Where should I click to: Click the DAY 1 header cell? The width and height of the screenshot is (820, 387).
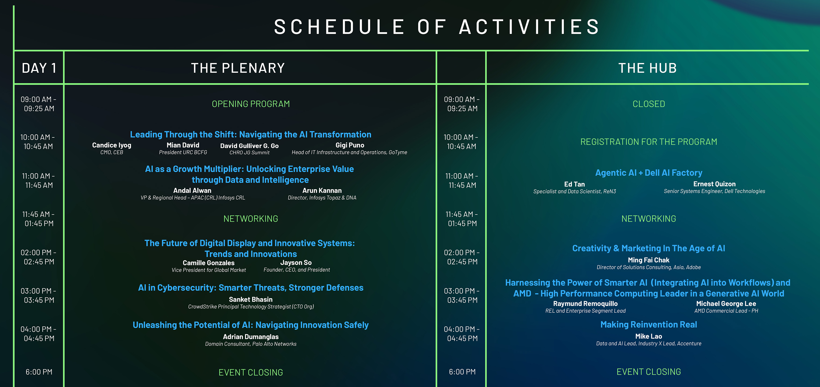(x=39, y=68)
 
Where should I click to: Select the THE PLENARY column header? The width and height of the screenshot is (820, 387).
(x=238, y=68)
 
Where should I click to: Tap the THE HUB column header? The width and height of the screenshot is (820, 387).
(x=647, y=68)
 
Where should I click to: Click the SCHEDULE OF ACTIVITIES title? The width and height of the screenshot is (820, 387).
(x=437, y=27)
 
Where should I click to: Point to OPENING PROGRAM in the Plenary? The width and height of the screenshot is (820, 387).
(x=251, y=104)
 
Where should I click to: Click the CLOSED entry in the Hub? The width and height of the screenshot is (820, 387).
(x=649, y=104)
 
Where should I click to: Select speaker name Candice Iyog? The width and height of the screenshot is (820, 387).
(x=112, y=145)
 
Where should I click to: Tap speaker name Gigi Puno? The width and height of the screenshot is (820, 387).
(x=350, y=145)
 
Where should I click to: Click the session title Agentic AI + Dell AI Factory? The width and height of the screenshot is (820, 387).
(x=649, y=173)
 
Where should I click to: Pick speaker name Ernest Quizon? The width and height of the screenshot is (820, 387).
(x=715, y=184)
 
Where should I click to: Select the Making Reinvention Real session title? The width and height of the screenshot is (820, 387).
(x=649, y=325)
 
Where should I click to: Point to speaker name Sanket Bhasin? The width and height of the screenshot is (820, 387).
(x=251, y=299)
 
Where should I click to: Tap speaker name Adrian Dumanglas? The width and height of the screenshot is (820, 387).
(x=251, y=337)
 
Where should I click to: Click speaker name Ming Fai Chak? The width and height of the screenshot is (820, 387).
(x=649, y=260)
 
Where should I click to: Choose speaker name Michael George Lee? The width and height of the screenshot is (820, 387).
(x=726, y=304)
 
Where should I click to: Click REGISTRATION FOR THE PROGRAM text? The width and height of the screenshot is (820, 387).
(x=649, y=142)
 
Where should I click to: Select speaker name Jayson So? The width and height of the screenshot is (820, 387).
(x=296, y=263)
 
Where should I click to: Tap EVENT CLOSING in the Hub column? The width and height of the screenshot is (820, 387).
(x=649, y=372)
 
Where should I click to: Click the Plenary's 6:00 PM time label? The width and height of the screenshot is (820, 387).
(x=39, y=372)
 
